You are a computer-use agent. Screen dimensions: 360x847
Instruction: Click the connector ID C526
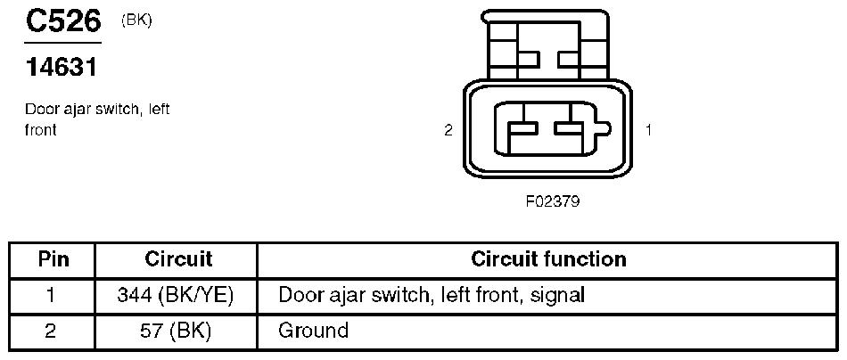pyautogui.click(x=62, y=22)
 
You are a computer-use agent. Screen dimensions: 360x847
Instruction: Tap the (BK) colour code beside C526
pyautogui.click(x=136, y=20)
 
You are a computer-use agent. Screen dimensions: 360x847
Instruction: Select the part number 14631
pyautogui.click(x=61, y=67)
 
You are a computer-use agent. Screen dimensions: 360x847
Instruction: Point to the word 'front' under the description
pyautogui.click(x=41, y=129)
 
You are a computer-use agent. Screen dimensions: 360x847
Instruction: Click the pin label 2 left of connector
pyautogui.click(x=448, y=130)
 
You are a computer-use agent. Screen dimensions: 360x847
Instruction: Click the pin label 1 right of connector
pyautogui.click(x=648, y=130)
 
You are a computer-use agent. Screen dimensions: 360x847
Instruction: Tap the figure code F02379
pyautogui.click(x=553, y=201)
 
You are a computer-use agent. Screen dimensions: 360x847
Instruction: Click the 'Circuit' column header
pyautogui.click(x=178, y=259)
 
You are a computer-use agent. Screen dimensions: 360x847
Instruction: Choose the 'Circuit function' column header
pyautogui.click(x=548, y=259)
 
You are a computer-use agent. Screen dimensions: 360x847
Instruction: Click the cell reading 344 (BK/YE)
pyautogui.click(x=176, y=295)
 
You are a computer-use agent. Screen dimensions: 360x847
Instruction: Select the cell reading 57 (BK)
pyautogui.click(x=176, y=331)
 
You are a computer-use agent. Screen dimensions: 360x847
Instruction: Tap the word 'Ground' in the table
pyautogui.click(x=313, y=331)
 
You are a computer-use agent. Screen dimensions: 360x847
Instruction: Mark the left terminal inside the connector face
pyautogui.click(x=522, y=130)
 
